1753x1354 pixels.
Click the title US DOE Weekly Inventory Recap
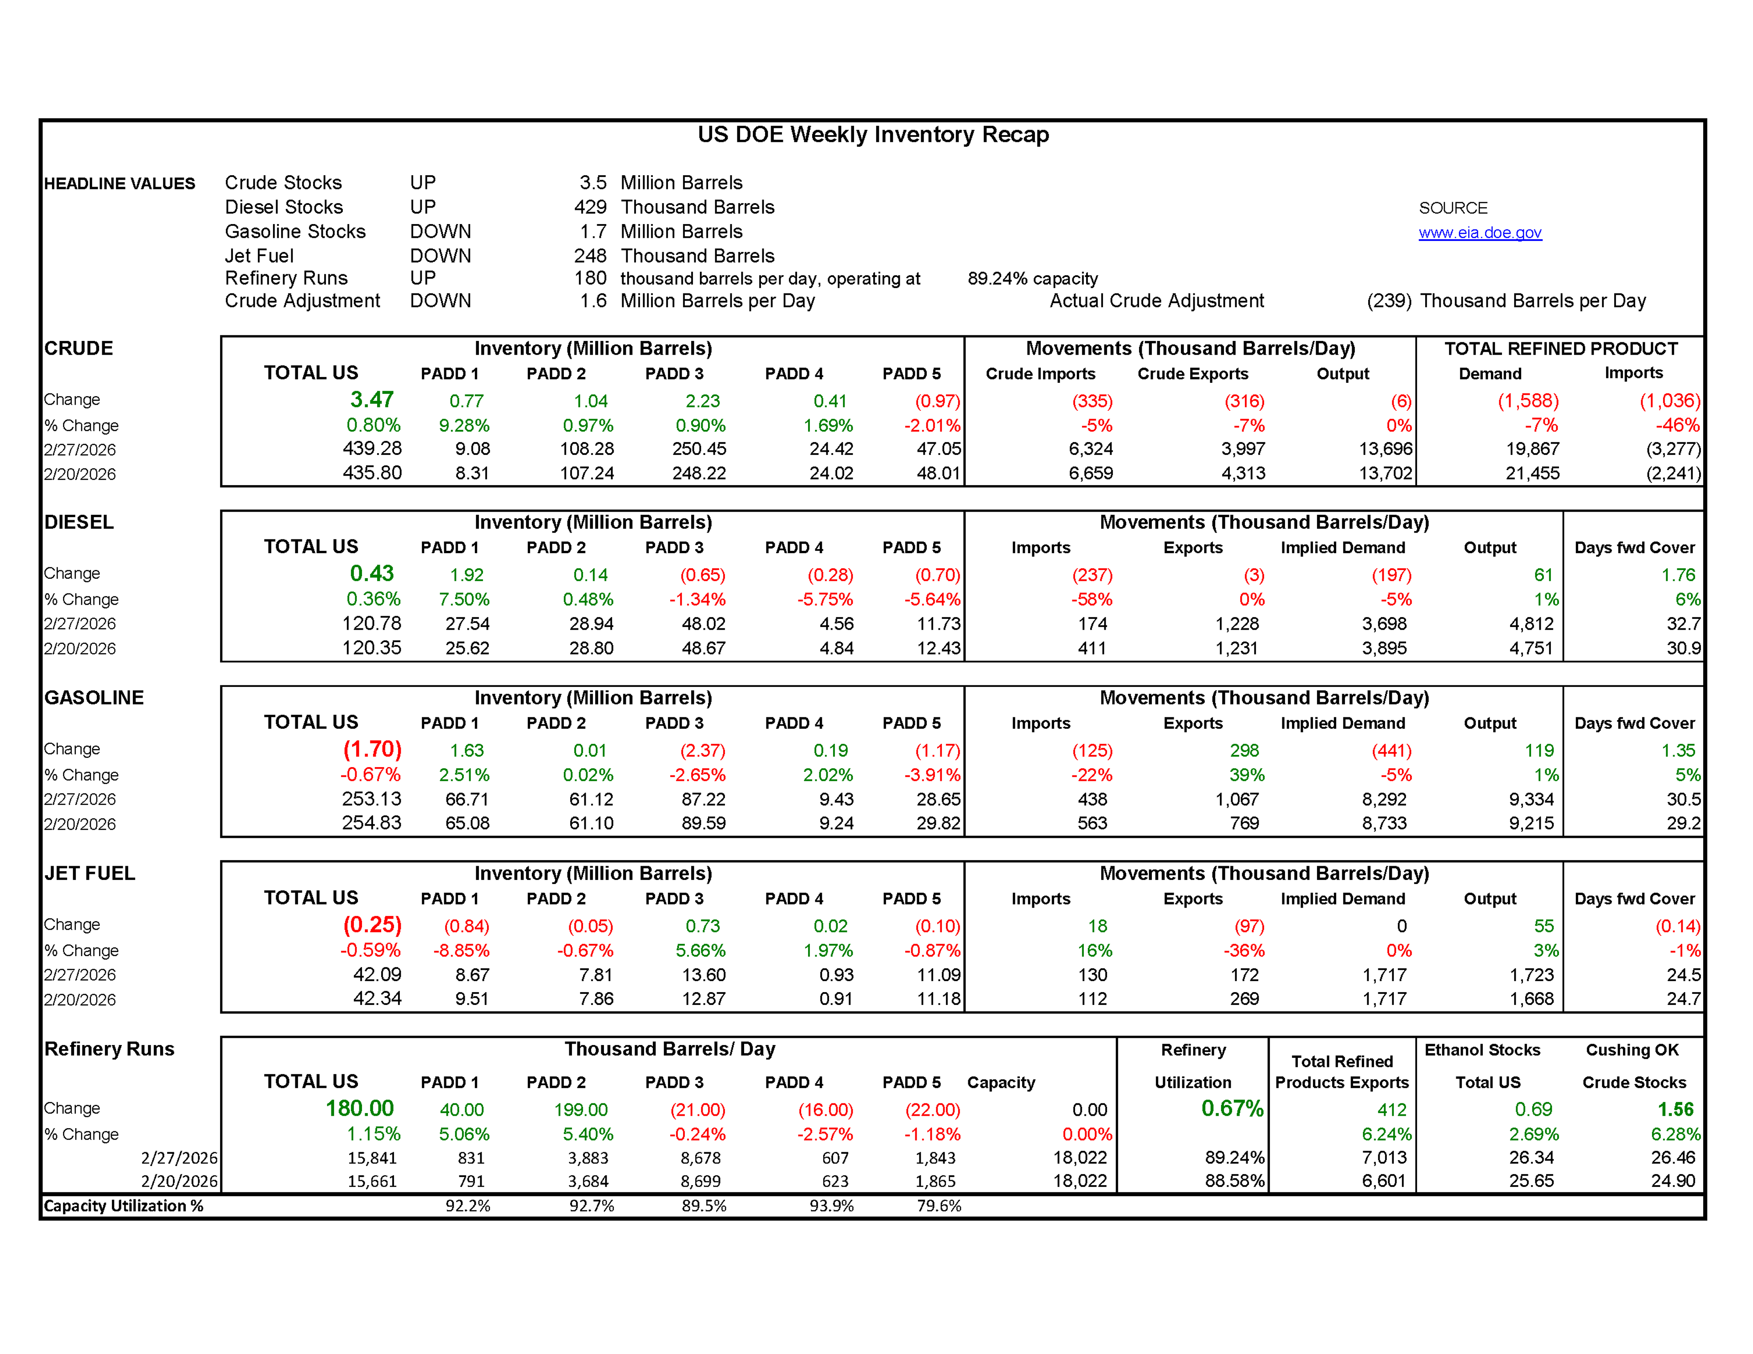click(x=872, y=134)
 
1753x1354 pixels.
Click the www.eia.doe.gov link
click(x=1479, y=233)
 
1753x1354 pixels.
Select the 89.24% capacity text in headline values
click(x=1032, y=278)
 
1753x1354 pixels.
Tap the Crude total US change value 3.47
click(x=372, y=400)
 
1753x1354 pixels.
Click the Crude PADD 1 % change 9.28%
click(x=464, y=425)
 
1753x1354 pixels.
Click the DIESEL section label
click(x=79, y=523)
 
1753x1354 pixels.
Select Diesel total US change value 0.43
click(x=372, y=574)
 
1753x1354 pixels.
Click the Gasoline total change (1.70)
click(x=372, y=750)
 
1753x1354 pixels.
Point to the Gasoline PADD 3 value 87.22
click(x=703, y=800)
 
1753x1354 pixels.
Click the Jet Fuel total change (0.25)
click(x=372, y=925)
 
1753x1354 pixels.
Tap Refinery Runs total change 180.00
click(x=360, y=1108)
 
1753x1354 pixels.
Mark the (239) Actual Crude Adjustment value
click(x=1389, y=301)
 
